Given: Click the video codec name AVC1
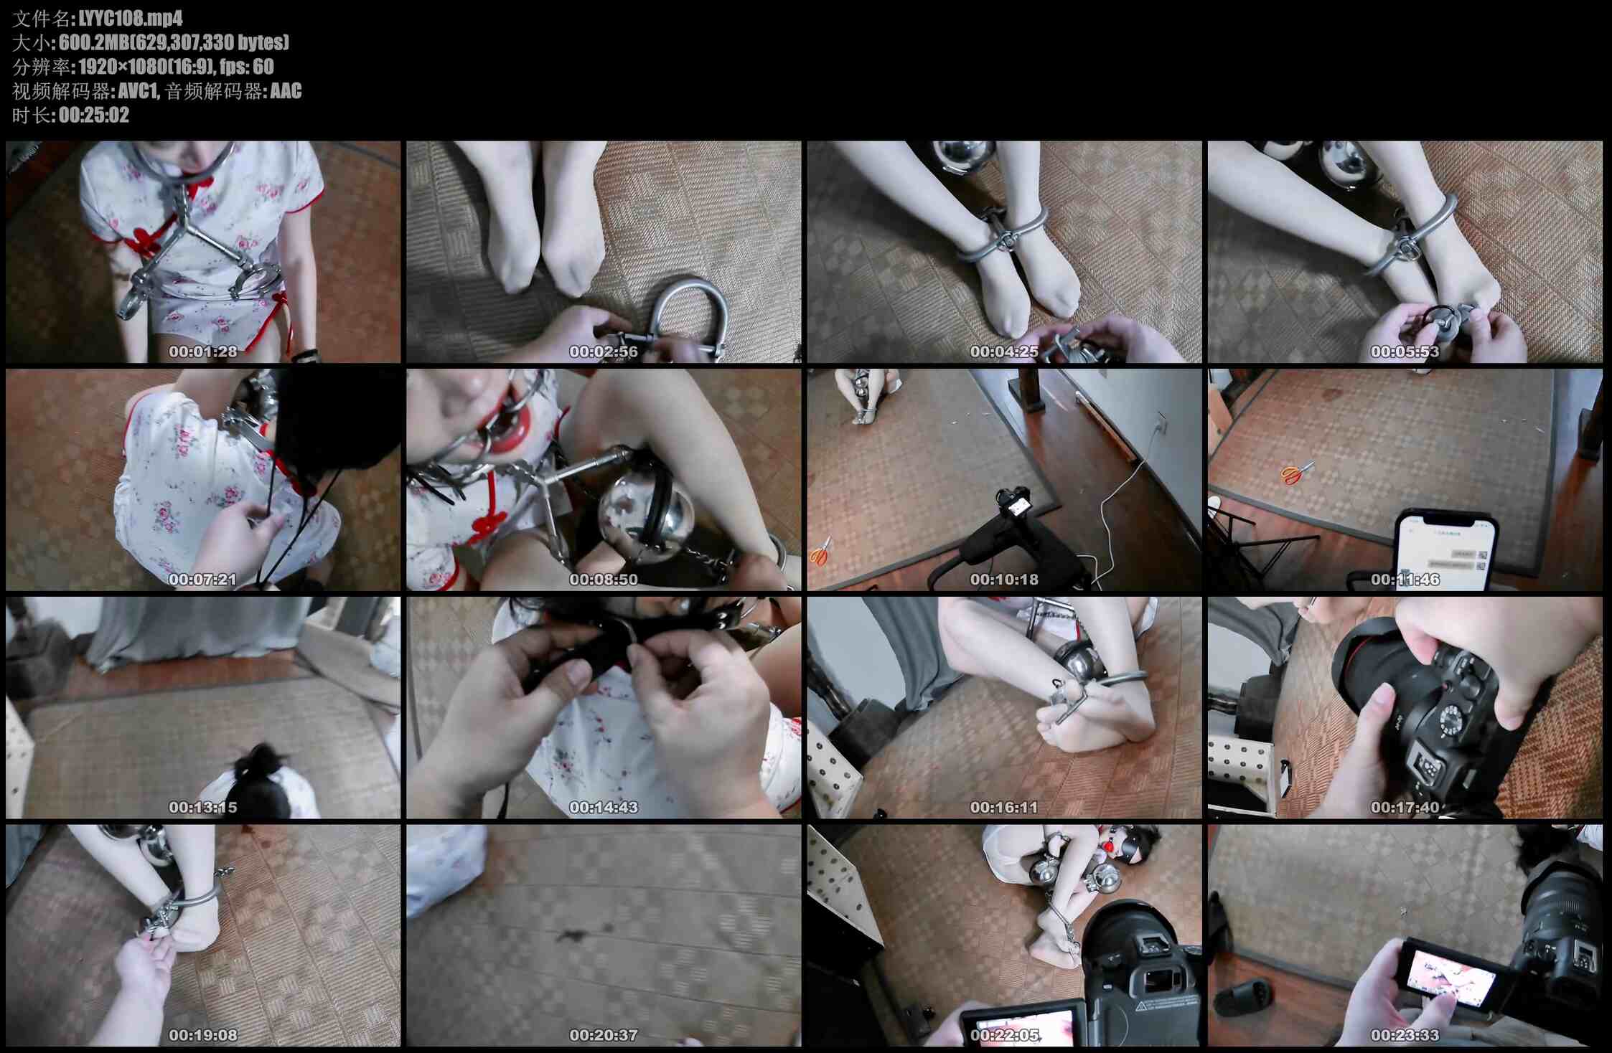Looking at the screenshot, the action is (138, 91).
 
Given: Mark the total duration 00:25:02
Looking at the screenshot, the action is (94, 115).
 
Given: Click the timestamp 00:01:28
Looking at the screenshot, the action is (203, 351).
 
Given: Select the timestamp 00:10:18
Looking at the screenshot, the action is (1004, 579).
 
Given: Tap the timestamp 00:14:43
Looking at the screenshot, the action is (604, 807).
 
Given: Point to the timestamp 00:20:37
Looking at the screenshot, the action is (604, 1035).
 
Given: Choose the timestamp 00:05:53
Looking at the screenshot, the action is (1405, 351).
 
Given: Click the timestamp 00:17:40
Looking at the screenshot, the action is (1405, 807).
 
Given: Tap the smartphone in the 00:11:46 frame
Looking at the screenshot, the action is (1444, 549).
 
